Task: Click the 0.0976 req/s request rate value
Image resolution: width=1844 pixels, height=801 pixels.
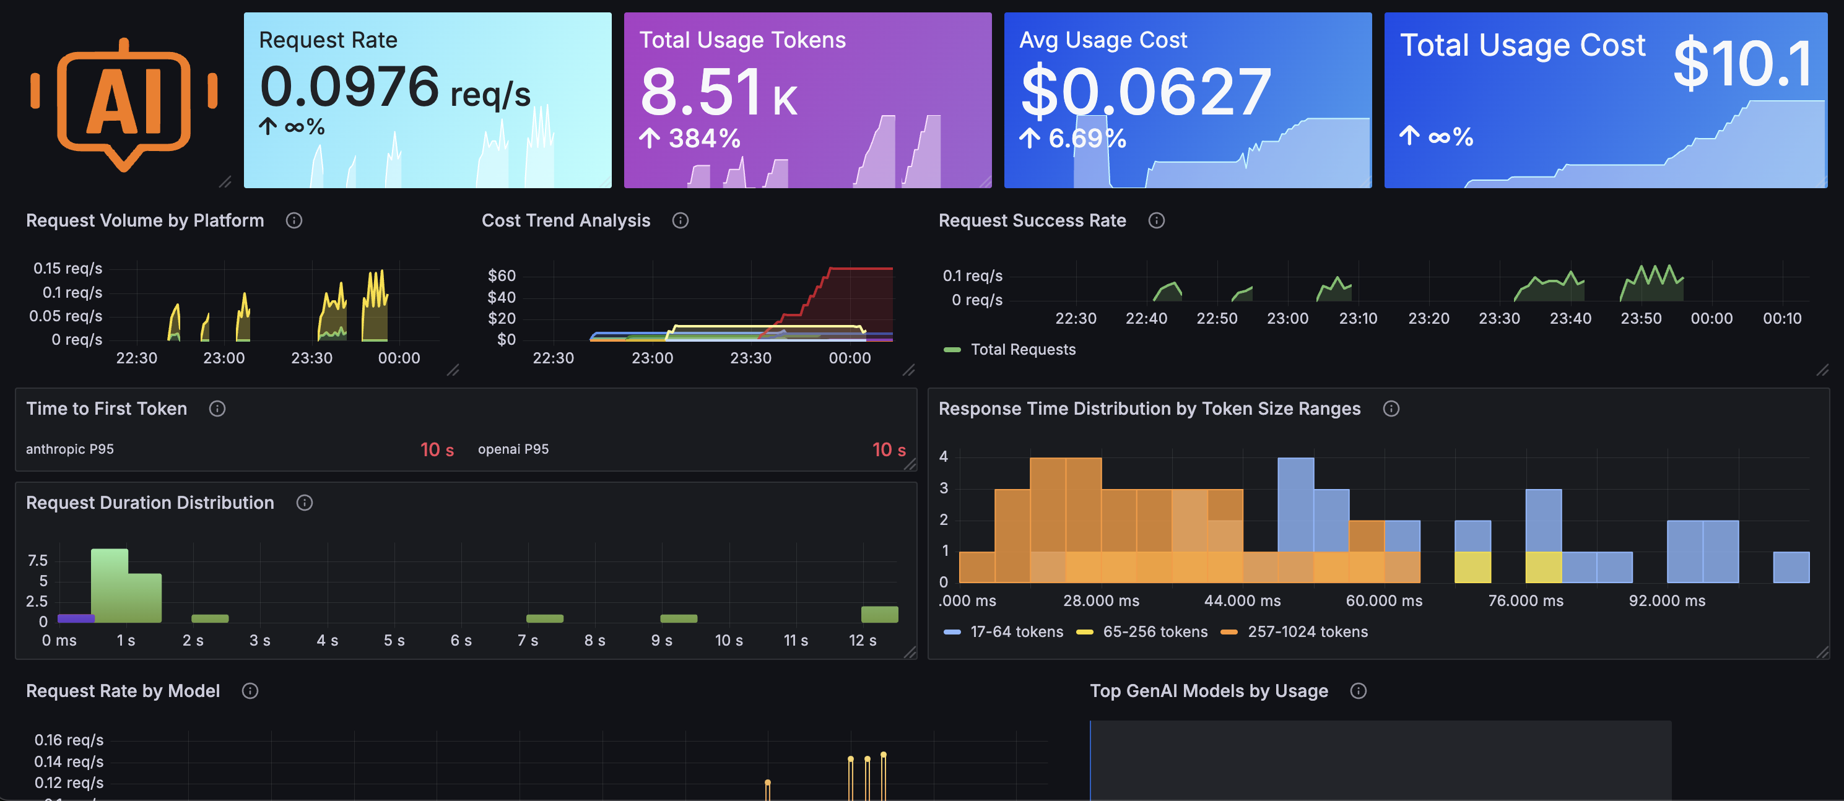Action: click(394, 88)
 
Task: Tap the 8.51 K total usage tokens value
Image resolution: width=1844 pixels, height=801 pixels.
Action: click(718, 93)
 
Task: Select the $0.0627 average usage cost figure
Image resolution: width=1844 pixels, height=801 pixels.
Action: click(1145, 92)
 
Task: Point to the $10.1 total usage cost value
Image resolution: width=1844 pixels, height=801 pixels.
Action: click(1742, 64)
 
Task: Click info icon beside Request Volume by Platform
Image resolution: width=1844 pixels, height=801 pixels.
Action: click(294, 220)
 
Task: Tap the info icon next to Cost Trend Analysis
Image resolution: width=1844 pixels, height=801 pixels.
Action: click(680, 220)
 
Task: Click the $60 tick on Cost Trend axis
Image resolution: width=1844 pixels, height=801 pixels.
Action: click(501, 275)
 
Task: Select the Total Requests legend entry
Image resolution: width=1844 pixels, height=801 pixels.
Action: click(1022, 349)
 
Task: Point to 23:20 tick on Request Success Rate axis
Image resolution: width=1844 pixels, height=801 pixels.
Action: click(1428, 319)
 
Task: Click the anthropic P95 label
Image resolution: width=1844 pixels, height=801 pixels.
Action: click(69, 449)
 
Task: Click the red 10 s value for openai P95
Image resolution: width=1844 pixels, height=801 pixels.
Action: click(888, 449)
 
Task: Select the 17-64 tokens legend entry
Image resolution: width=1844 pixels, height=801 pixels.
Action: click(1015, 631)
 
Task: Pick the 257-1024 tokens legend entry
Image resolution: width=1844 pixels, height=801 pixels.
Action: click(1307, 631)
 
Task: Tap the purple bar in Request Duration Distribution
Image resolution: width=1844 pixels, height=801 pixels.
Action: click(75, 618)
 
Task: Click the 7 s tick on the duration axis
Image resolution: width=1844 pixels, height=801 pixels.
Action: click(528, 640)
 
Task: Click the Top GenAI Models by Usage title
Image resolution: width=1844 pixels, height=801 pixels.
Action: click(1208, 691)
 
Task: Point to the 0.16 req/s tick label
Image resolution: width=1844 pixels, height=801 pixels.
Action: click(69, 740)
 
